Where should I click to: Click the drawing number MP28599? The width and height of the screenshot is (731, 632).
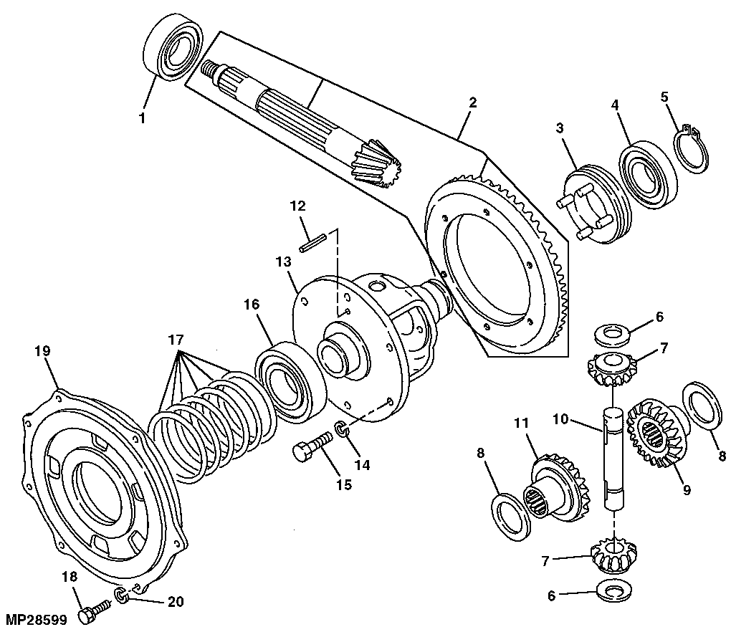pyautogui.click(x=36, y=620)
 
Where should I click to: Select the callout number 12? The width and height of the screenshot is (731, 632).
pyautogui.click(x=298, y=205)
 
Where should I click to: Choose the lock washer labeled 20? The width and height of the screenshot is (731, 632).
pyautogui.click(x=120, y=595)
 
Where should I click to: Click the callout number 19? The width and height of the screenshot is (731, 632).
pyautogui.click(x=42, y=350)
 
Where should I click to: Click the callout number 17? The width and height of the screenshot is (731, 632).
pyautogui.click(x=176, y=340)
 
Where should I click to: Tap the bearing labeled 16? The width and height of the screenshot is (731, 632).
pyautogui.click(x=290, y=382)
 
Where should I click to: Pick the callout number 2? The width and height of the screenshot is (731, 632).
pyautogui.click(x=473, y=102)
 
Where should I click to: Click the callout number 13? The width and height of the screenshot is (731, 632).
pyautogui.click(x=283, y=262)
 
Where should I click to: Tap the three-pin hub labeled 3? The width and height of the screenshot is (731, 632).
pyautogui.click(x=591, y=205)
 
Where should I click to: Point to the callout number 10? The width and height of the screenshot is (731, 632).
pyautogui.click(x=561, y=419)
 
